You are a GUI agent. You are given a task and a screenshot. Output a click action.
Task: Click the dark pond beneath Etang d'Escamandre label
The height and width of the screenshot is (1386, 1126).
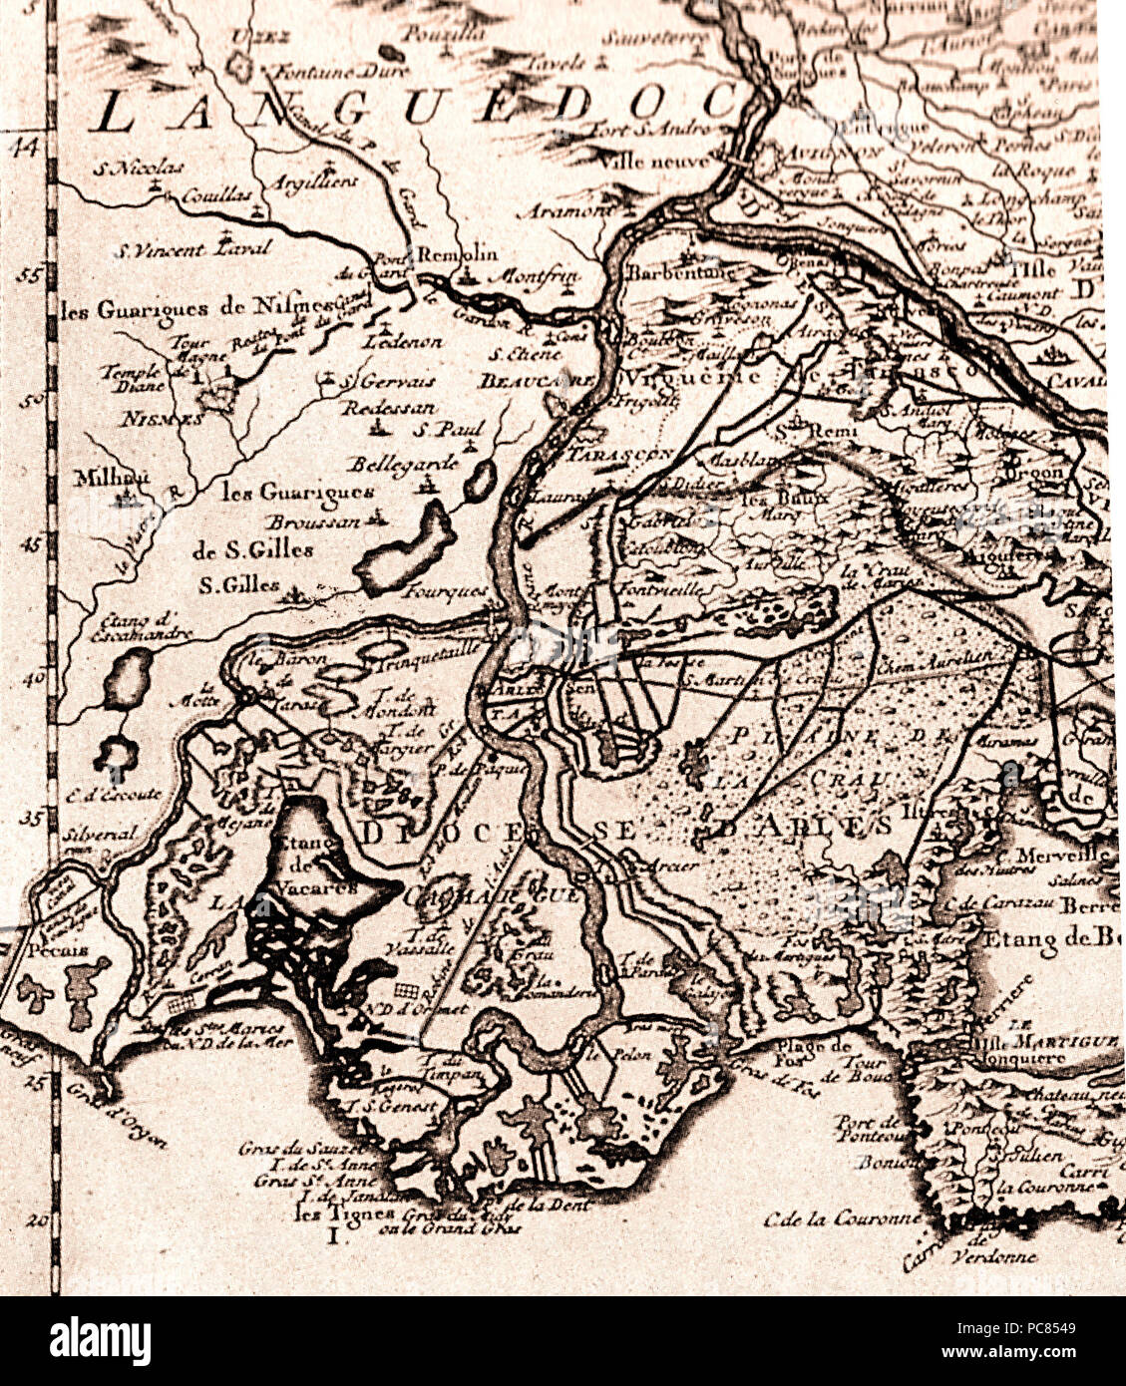[128, 678]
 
